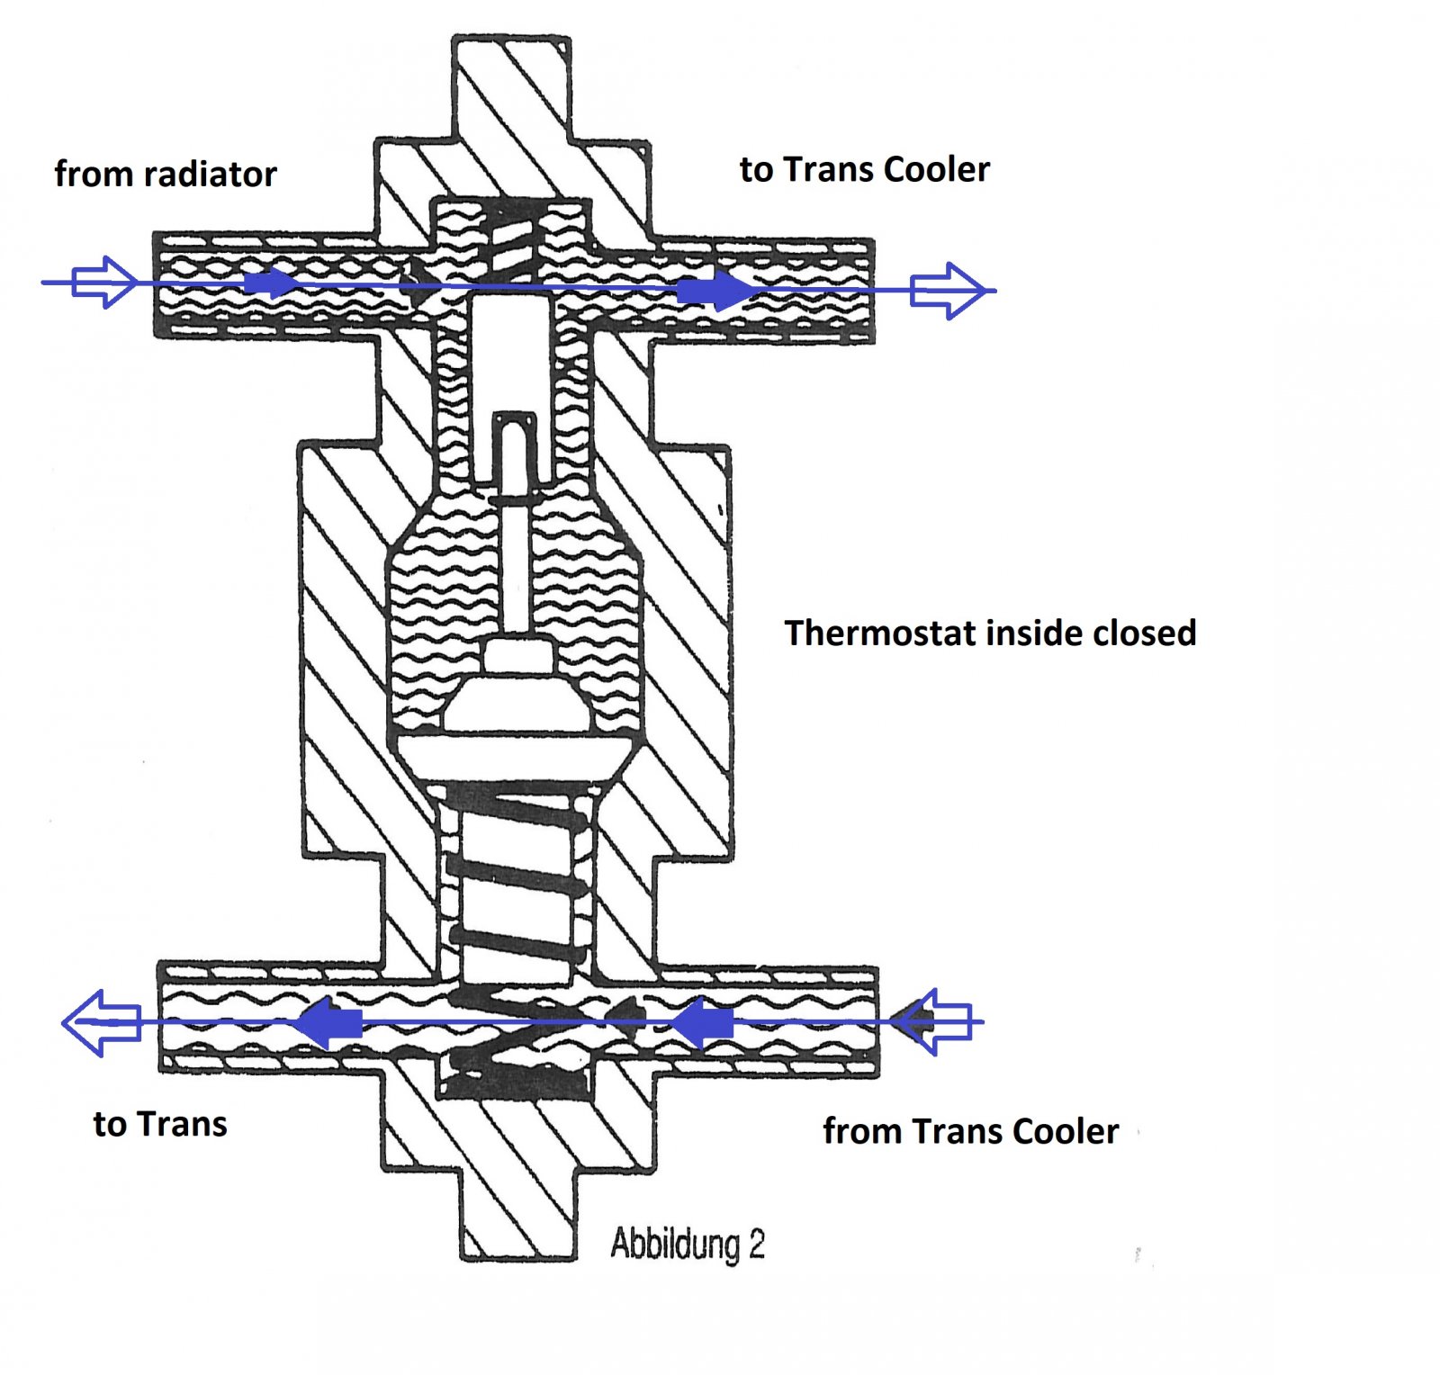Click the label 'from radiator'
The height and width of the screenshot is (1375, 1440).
166,174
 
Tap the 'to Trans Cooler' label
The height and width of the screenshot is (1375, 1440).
865,169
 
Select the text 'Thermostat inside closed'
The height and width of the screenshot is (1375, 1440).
991,633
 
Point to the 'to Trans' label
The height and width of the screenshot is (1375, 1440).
160,1124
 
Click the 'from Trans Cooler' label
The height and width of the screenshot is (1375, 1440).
971,1131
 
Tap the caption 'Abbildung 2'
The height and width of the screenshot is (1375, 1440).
688,1245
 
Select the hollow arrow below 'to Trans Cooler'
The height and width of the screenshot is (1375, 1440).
948,291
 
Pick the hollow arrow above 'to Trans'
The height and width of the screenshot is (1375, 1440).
102,1022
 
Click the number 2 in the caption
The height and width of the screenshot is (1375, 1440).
756,1245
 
